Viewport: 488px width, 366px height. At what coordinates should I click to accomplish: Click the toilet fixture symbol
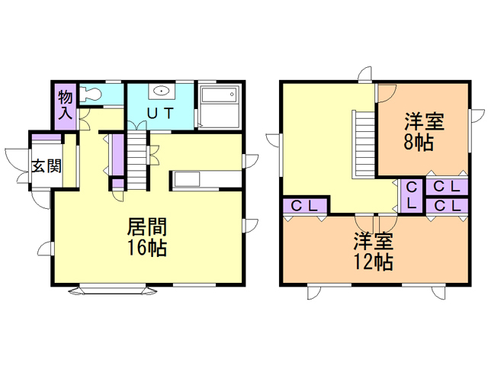pos(90,93)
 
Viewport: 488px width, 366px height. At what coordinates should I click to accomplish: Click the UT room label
pos(160,114)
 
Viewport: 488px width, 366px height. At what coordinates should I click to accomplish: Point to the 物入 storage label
pos(66,104)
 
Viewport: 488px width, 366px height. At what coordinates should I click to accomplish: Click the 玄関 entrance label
pos(47,165)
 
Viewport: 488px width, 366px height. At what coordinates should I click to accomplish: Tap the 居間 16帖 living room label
pos(147,237)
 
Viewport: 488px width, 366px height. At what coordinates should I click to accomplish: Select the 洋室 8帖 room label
pos(424,132)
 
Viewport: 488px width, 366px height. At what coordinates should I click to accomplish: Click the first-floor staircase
pos(137,161)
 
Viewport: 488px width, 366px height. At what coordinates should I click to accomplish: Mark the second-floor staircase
pos(364,144)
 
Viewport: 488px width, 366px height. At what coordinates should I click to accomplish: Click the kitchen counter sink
pos(187,179)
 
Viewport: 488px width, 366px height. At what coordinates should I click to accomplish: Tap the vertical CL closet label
pos(412,195)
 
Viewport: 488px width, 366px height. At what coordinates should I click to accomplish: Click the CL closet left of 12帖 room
pos(304,206)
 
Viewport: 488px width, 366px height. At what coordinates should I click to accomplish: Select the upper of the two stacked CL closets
pos(448,187)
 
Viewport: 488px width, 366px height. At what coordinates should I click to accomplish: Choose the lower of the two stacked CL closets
pos(448,206)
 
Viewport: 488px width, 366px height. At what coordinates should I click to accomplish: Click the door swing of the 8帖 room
pos(387,93)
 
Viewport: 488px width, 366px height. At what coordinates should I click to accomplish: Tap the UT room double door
pos(137,125)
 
